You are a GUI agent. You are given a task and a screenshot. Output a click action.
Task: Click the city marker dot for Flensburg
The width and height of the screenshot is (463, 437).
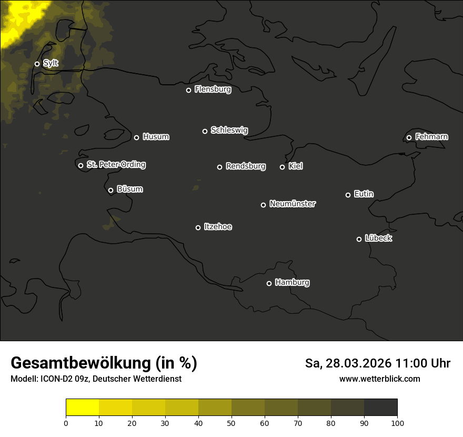point(188,90)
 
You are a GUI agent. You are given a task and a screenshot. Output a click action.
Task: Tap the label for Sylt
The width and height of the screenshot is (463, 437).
point(51,63)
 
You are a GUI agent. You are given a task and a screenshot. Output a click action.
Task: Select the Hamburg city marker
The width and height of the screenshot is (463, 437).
point(269,283)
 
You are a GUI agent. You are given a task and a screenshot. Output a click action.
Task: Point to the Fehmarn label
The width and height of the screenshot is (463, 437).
point(431,137)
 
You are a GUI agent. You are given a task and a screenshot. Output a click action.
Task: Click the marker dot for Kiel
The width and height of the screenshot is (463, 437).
point(282,167)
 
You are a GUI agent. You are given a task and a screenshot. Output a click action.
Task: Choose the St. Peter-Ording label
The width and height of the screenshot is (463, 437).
point(116,164)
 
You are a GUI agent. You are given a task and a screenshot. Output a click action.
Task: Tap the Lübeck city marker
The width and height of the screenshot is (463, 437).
point(359,239)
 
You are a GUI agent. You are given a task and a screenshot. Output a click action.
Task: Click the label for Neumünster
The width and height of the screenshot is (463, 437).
point(292,204)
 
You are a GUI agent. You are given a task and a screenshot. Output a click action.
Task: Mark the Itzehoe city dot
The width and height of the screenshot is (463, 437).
point(198,227)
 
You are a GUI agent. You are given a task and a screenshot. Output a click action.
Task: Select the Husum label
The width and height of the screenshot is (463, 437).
point(156,137)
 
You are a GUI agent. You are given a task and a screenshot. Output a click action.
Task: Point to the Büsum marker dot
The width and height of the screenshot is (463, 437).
point(110,191)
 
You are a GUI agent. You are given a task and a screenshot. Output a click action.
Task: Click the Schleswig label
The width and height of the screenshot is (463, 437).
point(229,130)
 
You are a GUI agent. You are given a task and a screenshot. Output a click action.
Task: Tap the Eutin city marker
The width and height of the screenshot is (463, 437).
point(348,195)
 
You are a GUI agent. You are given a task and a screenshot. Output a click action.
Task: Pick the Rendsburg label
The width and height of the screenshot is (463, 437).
point(245,166)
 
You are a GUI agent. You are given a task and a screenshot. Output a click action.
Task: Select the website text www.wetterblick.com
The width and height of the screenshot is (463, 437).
point(379,379)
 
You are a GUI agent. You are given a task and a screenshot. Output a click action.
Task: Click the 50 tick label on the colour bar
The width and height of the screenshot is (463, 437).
point(231,423)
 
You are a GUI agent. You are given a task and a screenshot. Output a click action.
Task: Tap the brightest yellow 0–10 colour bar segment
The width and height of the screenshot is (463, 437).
point(82,408)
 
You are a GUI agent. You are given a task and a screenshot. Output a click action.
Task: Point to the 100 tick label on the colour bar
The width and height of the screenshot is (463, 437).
point(397,423)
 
